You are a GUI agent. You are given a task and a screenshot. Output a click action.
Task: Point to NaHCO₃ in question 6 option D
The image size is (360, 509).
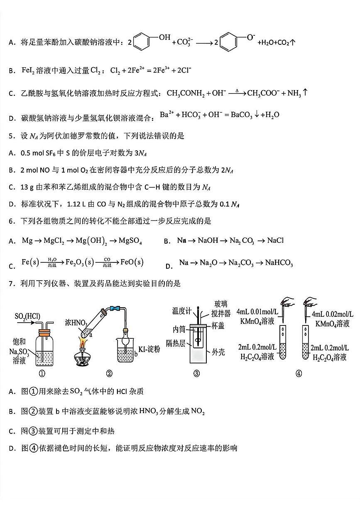pyautogui.click(x=279, y=263)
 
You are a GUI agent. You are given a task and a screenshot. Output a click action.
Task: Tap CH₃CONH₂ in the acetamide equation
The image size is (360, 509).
pyautogui.click(x=185, y=93)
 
